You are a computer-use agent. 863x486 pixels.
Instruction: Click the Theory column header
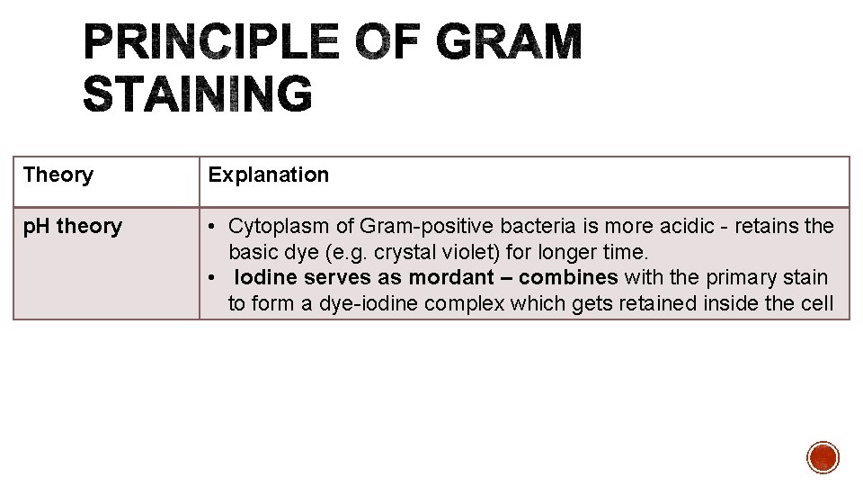pyautogui.click(x=58, y=175)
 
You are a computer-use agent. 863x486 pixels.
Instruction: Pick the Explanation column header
pyautogui.click(x=269, y=175)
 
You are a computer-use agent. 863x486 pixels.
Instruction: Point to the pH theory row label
pyautogui.click(x=73, y=226)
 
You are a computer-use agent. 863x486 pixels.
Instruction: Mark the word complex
pyautogui.click(x=465, y=304)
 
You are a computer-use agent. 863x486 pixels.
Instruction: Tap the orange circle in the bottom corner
pyautogui.click(x=823, y=457)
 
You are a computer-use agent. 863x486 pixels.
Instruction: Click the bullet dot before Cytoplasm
pyautogui.click(x=214, y=227)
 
